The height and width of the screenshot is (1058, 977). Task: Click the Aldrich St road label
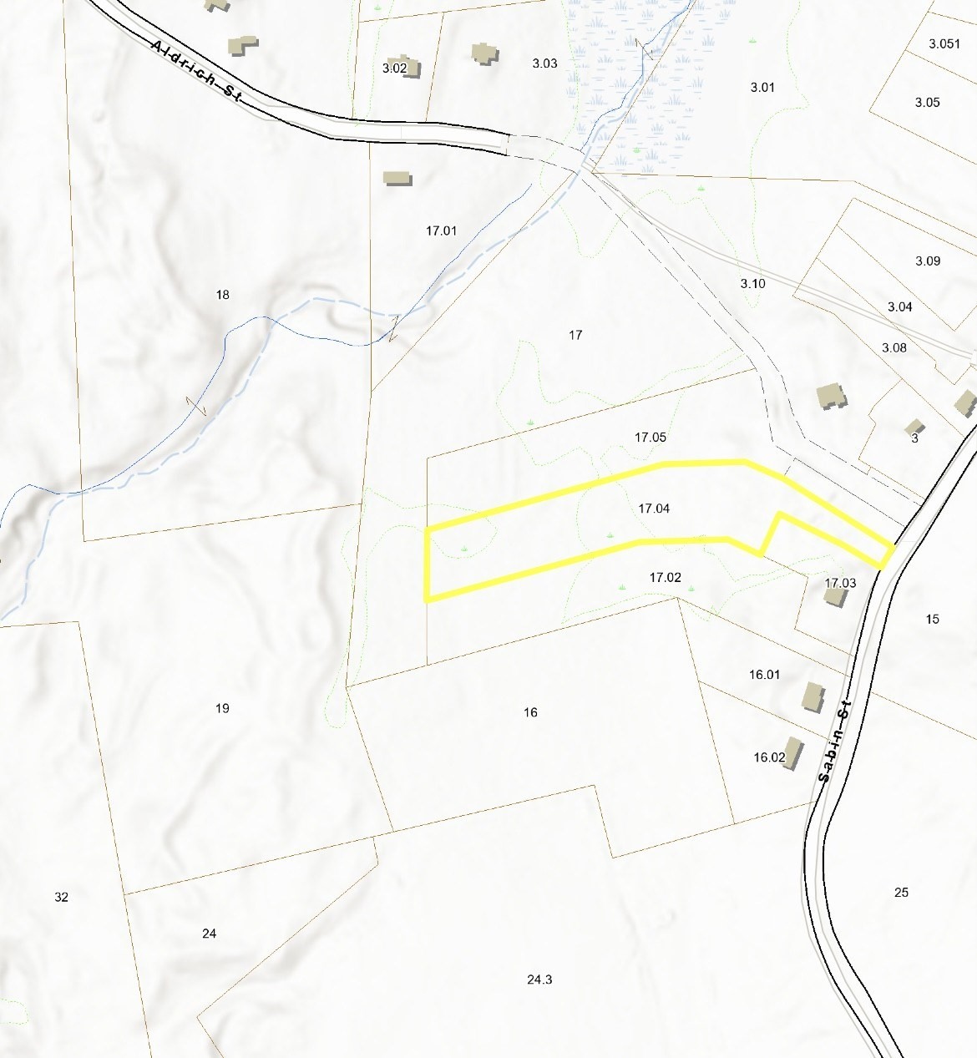(197, 71)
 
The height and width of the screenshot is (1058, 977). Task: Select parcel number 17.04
(654, 509)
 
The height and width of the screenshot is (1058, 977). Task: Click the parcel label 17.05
(650, 438)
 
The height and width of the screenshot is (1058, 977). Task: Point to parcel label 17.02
(666, 578)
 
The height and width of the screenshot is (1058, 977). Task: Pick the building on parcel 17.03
(835, 596)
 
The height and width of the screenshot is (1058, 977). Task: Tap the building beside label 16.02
(792, 752)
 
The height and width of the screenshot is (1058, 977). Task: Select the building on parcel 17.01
(397, 178)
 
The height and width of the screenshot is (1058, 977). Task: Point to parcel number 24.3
(539, 980)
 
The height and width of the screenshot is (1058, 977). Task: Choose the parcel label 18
(222, 295)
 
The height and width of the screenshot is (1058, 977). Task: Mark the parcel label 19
(222, 708)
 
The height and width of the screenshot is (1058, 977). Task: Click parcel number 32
(61, 897)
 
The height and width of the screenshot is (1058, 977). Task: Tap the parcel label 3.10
(752, 284)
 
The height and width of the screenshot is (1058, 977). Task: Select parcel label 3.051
(944, 44)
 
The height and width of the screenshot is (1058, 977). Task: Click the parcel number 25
(901, 893)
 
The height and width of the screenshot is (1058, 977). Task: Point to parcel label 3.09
(928, 261)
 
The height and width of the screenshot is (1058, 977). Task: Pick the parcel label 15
(932, 619)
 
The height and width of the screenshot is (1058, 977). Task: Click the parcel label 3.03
(544, 63)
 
